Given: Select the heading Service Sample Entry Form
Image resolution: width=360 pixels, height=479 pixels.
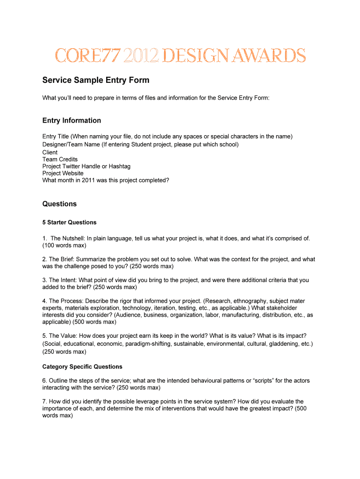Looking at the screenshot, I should tap(96, 80).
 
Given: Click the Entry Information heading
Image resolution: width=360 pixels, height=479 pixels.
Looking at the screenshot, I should tap(72, 120).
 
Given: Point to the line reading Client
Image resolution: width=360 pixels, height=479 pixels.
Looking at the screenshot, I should tap(50, 152).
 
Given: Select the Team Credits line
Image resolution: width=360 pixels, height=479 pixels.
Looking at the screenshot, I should tap(60, 160).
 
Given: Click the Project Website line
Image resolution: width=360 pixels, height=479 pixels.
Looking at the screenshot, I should tap(63, 173).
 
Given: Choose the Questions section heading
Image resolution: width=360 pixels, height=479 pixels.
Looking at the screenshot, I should tap(59, 204).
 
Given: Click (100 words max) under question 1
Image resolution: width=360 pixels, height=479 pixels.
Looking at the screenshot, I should tap(65, 245).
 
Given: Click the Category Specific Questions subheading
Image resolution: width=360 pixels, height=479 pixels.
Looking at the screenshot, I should tap(82, 367).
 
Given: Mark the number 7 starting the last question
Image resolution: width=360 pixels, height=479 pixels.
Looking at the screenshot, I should tap(44, 401).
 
